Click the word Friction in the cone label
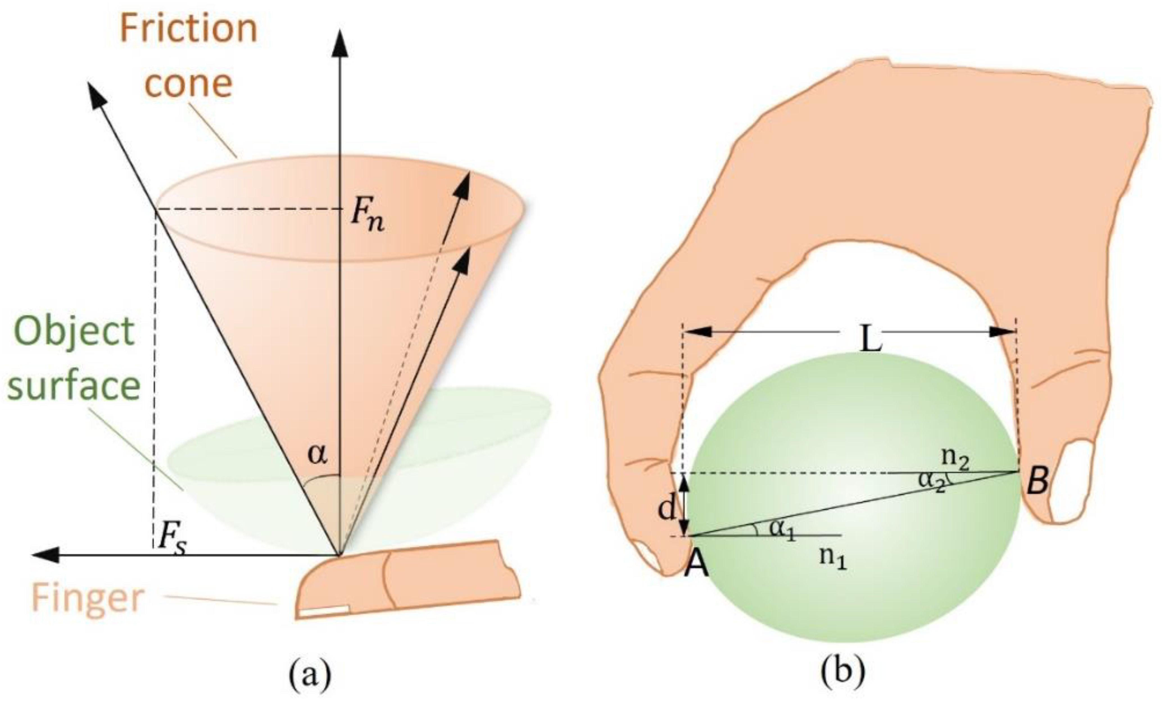pyautogui.click(x=189, y=29)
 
